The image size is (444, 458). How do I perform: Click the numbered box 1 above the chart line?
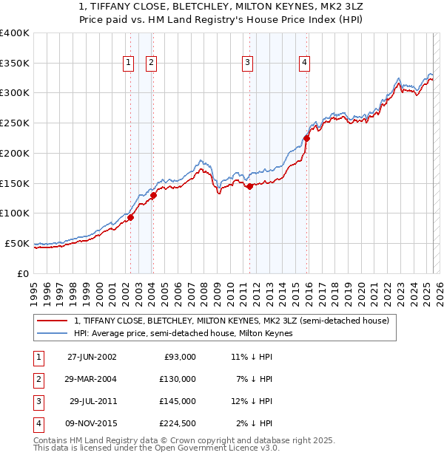[x=129, y=63]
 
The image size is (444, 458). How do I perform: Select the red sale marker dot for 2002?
[x=131, y=217]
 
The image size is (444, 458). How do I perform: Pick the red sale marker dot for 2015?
[x=306, y=137]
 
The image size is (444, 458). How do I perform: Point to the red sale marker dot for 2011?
[x=250, y=186]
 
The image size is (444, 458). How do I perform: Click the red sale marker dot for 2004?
[x=154, y=195]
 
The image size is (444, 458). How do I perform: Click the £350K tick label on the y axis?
[x=15, y=63]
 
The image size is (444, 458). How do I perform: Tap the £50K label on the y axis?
[x=18, y=243]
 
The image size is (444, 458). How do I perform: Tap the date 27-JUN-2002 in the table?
[x=92, y=357]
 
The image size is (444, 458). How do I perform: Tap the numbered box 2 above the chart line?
[x=151, y=63]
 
